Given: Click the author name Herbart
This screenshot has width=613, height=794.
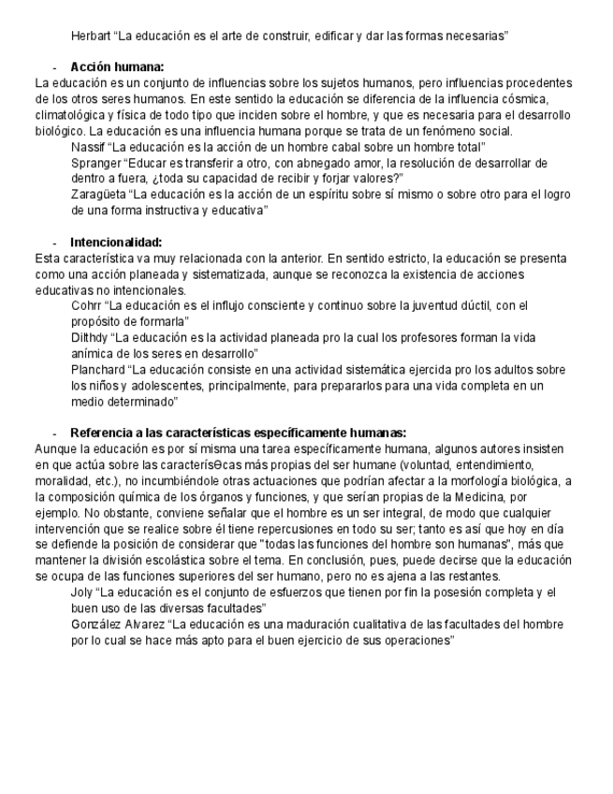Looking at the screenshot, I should [x=92, y=37].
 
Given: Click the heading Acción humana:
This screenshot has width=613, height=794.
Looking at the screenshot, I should [x=117, y=67].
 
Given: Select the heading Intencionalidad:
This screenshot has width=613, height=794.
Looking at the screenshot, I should [x=116, y=242].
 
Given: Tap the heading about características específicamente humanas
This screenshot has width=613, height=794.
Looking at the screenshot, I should [x=238, y=433].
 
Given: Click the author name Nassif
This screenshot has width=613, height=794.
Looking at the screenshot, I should [x=89, y=147].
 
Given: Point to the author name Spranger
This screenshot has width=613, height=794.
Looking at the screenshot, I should [x=96, y=163].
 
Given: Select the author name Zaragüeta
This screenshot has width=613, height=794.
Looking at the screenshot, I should [x=98, y=195].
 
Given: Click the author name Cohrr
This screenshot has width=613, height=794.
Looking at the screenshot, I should [x=88, y=306].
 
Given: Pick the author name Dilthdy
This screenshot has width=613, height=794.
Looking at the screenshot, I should [x=90, y=338].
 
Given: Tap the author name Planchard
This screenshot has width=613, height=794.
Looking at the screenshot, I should [x=97, y=370].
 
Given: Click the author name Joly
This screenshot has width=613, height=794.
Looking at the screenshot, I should [x=83, y=593].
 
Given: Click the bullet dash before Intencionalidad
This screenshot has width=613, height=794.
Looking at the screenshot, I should [x=55, y=243].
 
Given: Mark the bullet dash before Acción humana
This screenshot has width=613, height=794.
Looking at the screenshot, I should [x=55, y=67].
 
